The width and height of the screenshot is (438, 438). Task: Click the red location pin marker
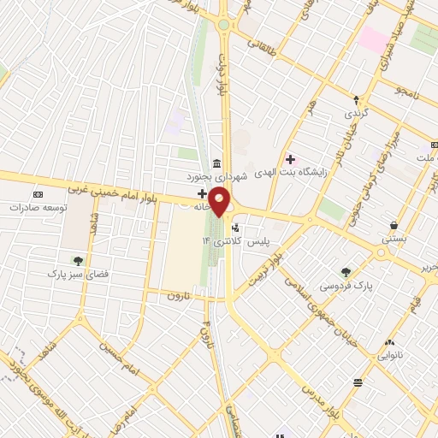tap(220, 203)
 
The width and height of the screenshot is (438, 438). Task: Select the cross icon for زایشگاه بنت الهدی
tap(290, 158)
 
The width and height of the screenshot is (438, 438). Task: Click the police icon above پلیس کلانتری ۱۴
tap(237, 228)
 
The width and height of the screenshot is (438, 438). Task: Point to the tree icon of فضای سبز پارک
tap(79, 261)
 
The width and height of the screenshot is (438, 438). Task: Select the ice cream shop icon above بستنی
tap(393, 226)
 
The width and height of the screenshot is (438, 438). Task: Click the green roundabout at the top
tap(223, 25)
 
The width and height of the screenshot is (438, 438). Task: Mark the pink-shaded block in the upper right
tap(373, 38)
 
